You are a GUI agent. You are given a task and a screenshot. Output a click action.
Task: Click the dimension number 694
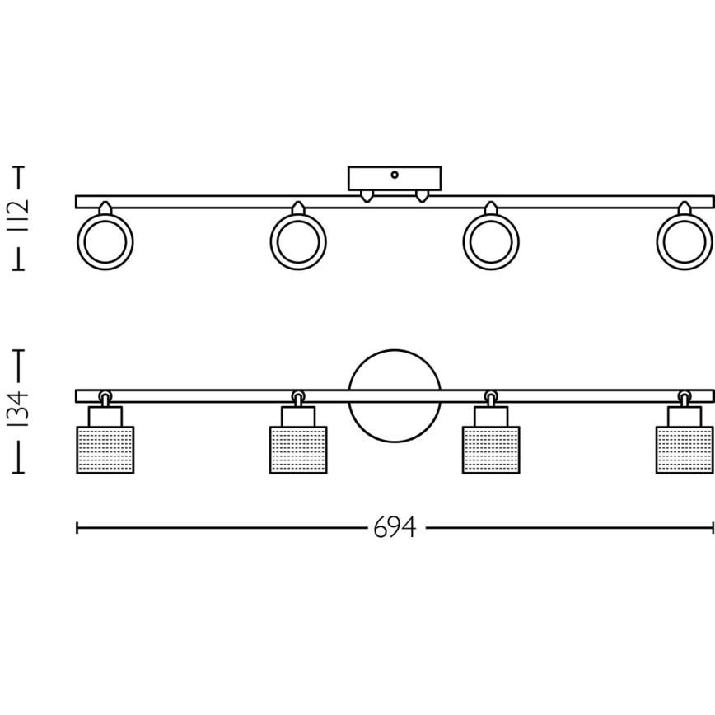[395, 528]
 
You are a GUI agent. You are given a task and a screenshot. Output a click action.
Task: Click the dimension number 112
[21, 217]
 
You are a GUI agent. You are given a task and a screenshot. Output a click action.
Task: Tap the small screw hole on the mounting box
[395, 175]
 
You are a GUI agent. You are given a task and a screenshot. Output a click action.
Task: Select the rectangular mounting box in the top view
[395, 179]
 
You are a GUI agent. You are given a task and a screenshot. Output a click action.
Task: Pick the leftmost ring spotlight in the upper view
[105, 242]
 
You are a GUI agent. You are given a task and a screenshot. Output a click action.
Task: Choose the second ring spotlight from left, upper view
[298, 242]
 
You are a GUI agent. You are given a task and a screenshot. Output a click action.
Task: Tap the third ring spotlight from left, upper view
[491, 242]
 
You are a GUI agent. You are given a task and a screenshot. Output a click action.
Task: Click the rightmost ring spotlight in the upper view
[684, 242]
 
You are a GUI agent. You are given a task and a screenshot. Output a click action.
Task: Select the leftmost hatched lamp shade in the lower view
[105, 450]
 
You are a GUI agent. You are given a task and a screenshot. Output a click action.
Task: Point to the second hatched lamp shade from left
[298, 450]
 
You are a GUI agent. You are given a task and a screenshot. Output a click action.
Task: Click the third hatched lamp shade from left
[491, 450]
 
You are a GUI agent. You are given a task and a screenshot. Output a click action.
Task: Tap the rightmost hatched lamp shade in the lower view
[685, 450]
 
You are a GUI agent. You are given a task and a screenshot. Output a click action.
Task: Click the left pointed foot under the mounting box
[367, 195]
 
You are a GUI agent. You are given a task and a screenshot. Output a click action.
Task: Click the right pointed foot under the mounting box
[423, 195]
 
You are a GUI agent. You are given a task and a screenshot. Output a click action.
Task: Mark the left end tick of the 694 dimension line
[77, 528]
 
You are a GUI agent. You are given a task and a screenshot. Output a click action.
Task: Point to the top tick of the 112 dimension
[19, 167]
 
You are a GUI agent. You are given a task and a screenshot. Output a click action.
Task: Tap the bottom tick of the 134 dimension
[19, 473]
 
